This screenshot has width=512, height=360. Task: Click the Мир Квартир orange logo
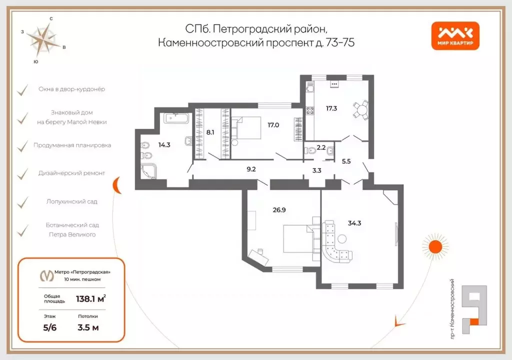coord(455,36)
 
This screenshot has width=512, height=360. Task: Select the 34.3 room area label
coord(354,223)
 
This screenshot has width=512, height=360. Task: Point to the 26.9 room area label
coord(279,209)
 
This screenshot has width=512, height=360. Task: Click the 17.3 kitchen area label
coord(331,108)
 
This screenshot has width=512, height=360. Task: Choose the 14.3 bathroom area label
coord(164,144)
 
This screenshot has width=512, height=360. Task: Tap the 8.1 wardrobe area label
coord(210,132)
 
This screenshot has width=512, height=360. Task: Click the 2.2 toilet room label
coord(321,147)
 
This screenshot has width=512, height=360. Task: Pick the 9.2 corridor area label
coord(251,169)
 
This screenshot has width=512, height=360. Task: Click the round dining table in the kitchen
coord(361,109)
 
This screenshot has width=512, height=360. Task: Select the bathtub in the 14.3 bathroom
coord(176,118)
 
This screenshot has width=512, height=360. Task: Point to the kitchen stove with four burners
coord(310,110)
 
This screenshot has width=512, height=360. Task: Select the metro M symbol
coord(46,275)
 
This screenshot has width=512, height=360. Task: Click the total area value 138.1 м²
coord(91,298)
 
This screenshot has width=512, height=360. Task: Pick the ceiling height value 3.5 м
coord(88,327)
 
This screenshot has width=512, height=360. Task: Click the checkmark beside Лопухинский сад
coord(22,202)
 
